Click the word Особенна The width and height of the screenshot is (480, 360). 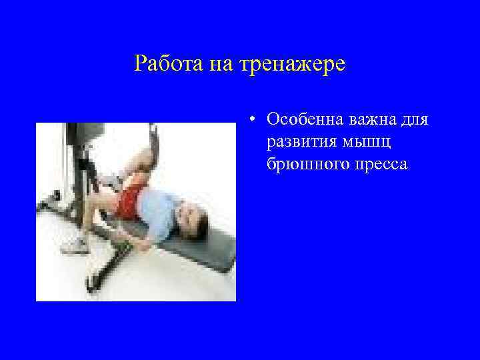coord(303,120)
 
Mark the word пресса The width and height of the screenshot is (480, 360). coord(379,164)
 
